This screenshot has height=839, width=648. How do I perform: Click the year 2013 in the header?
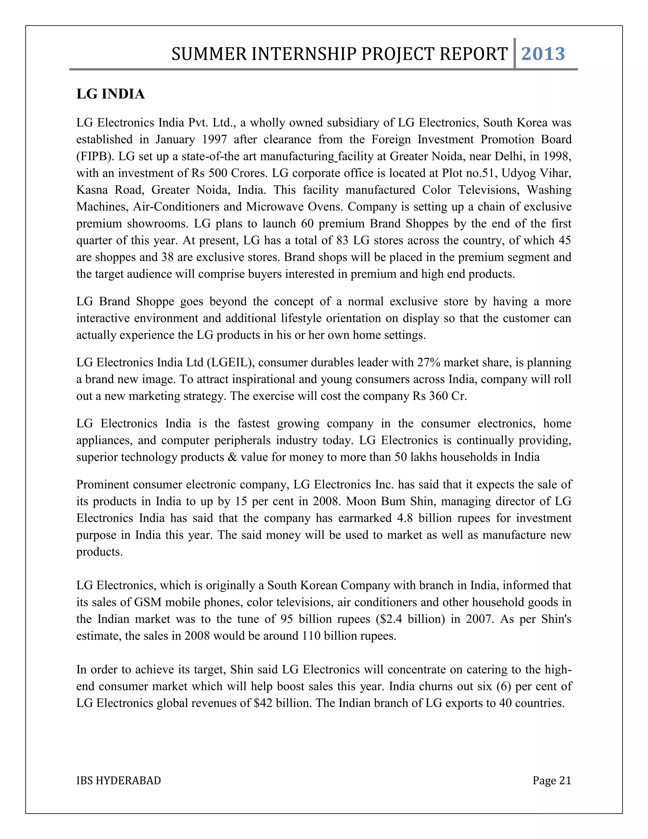[543, 54]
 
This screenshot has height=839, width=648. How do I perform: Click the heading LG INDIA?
[110, 94]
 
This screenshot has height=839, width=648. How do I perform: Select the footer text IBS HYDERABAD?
[119, 781]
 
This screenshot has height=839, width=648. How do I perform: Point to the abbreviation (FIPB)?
[95, 156]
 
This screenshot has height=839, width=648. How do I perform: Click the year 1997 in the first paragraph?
[215, 139]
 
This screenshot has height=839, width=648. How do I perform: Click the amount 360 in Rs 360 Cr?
[439, 396]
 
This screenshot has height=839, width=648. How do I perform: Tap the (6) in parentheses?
[504, 686]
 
